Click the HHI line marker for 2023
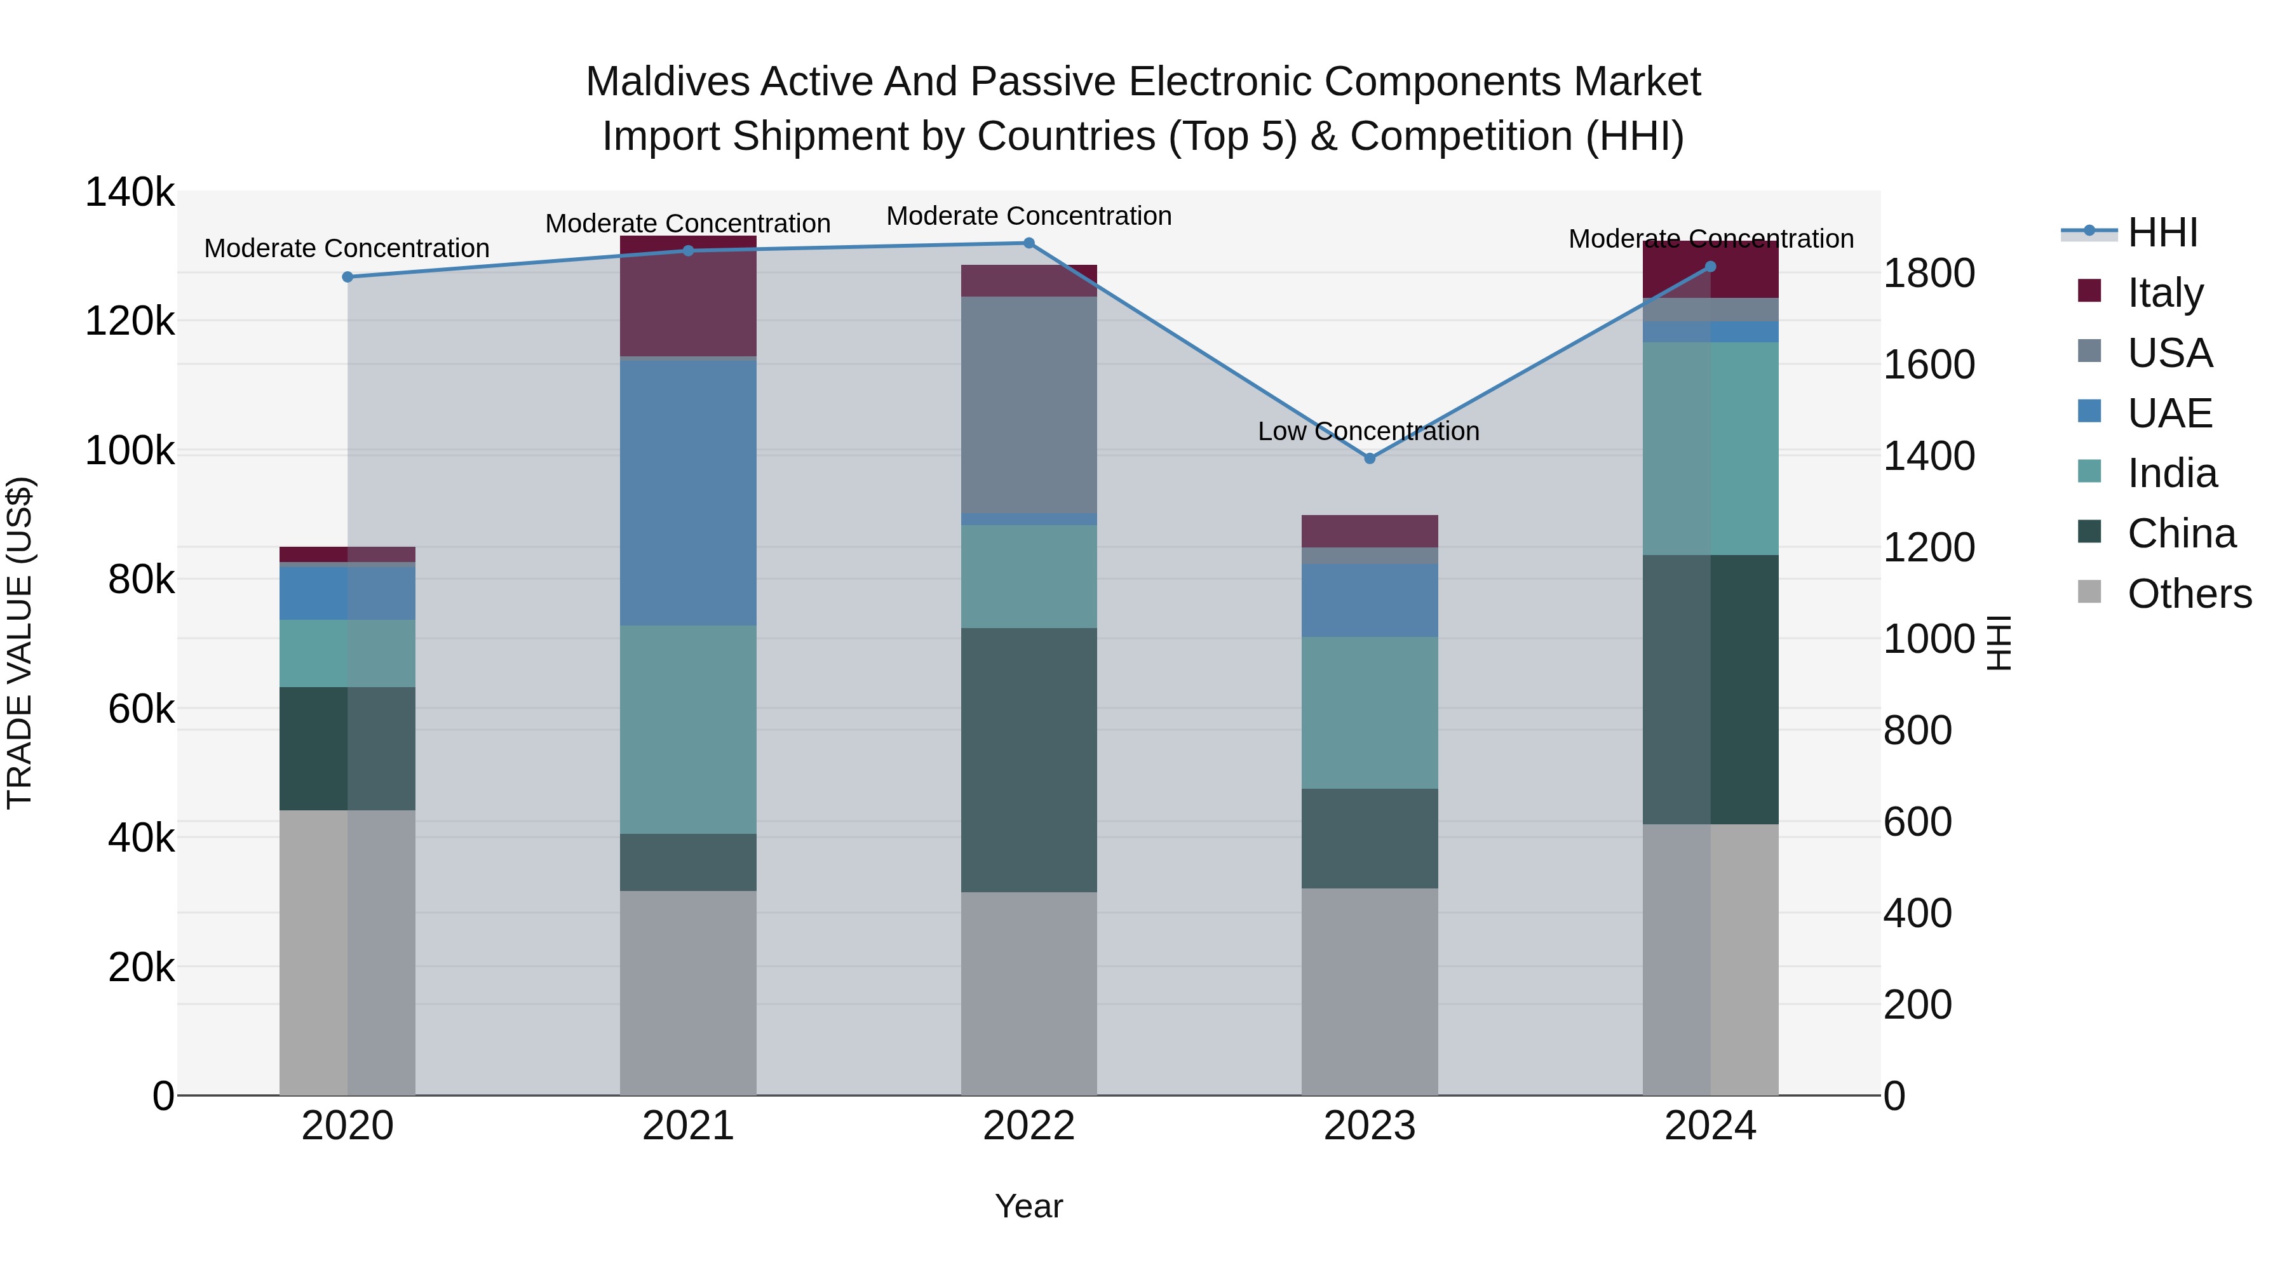point(1369,458)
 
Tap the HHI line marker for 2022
point(1029,243)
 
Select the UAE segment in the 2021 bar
point(688,493)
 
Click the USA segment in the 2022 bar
point(1029,404)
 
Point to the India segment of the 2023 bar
point(1369,712)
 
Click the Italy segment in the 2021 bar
point(688,297)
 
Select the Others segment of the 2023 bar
point(1369,991)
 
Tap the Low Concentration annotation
point(1368,431)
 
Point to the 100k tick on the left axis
point(130,451)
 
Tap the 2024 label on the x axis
point(1710,1126)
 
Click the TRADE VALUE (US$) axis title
point(20,643)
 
